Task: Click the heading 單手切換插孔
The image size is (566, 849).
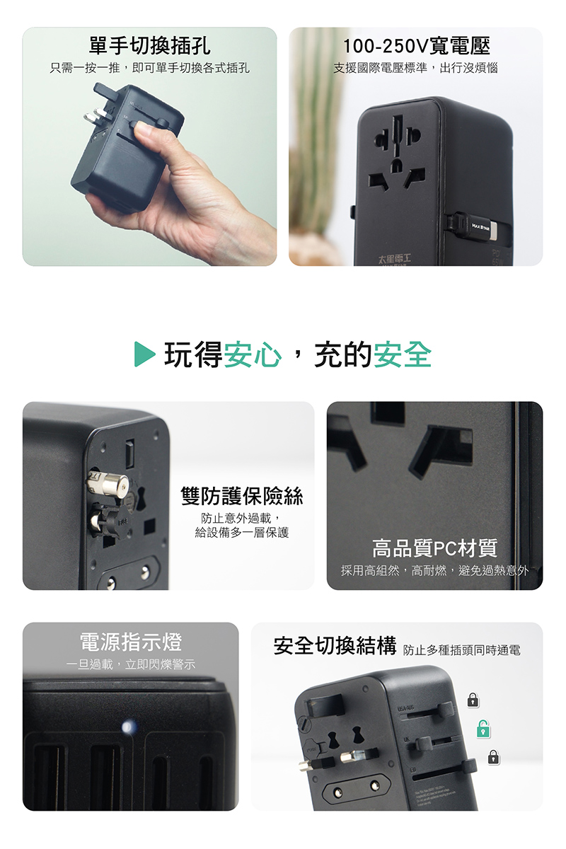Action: tap(149, 46)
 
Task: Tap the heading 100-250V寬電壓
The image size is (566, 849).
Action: tap(416, 46)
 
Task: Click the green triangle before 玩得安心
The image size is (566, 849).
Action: tap(144, 354)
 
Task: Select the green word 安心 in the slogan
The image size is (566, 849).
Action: tap(253, 354)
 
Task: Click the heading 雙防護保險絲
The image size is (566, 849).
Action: tap(242, 497)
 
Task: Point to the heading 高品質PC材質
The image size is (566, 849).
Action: tap(434, 548)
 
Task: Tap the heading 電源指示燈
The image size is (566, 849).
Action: tap(130, 642)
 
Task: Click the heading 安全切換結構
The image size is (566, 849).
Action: tap(335, 646)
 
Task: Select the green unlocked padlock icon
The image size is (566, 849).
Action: tap(483, 728)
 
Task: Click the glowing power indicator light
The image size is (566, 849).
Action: tap(128, 726)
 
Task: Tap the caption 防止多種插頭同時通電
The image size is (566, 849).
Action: tap(461, 649)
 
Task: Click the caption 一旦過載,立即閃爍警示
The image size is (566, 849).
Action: tap(130, 665)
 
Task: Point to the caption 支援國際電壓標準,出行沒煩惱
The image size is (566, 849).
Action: tap(416, 69)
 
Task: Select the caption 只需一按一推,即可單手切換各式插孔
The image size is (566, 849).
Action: tap(149, 69)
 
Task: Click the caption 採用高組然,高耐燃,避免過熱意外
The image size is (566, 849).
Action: tap(434, 570)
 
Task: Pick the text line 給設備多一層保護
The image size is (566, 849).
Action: tap(242, 532)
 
